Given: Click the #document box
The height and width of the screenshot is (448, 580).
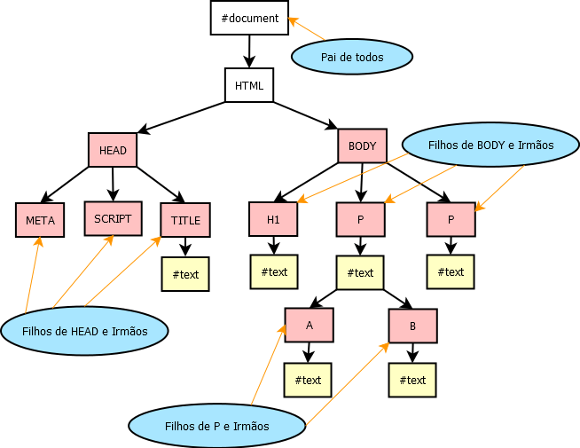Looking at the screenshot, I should pyautogui.click(x=249, y=18).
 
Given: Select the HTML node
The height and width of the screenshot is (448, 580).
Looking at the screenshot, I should pyautogui.click(x=249, y=85).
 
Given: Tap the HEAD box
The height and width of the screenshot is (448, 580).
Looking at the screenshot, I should pyautogui.click(x=113, y=150).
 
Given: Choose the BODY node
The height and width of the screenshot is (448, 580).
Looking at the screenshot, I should pyautogui.click(x=362, y=146).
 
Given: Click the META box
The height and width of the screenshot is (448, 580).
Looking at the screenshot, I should pyautogui.click(x=40, y=220).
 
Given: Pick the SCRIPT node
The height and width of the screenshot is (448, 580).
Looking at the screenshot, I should pyautogui.click(x=113, y=218).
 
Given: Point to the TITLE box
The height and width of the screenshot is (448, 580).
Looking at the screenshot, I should pyautogui.click(x=185, y=220).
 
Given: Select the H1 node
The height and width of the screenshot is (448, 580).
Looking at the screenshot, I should pyautogui.click(x=273, y=219).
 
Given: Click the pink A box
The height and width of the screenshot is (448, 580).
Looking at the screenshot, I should pyautogui.click(x=309, y=326).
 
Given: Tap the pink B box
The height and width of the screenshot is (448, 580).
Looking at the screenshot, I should pyautogui.click(x=412, y=326).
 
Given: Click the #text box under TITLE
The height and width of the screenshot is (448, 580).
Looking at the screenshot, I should pyautogui.click(x=185, y=274).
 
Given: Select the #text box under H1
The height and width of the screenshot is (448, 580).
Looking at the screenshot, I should pyautogui.click(x=273, y=271).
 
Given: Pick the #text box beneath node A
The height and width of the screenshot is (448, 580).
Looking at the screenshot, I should pyautogui.click(x=308, y=380).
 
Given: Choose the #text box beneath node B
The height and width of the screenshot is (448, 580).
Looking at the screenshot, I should pyautogui.click(x=412, y=380).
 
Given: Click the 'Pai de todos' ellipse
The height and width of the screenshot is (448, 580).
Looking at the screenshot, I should pyautogui.click(x=352, y=57).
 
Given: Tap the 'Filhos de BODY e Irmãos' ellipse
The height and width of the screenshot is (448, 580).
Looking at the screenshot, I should pyautogui.click(x=490, y=144).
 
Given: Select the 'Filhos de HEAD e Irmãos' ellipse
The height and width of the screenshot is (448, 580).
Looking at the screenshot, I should pyautogui.click(x=84, y=331).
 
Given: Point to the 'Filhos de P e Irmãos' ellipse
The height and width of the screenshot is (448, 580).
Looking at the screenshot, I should pyautogui.click(x=217, y=426).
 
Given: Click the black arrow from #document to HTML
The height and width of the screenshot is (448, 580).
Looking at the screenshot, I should pyautogui.click(x=249, y=51).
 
